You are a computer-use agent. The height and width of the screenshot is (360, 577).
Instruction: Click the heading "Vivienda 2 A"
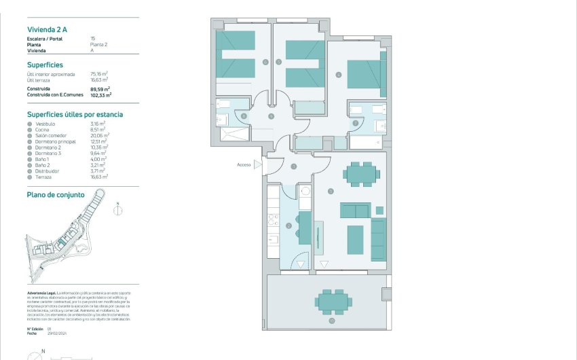click(47, 29)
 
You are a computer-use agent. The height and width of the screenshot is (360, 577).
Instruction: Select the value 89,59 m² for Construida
click(100, 89)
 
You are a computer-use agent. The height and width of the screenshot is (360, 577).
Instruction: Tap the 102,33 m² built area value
click(101, 96)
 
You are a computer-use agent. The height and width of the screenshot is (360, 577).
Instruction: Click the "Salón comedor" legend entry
click(52, 135)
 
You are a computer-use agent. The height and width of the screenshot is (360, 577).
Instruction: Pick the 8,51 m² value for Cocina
click(98, 129)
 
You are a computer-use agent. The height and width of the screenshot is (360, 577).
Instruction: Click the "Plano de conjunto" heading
click(56, 194)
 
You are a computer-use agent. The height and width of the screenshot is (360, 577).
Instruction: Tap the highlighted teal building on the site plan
click(62, 241)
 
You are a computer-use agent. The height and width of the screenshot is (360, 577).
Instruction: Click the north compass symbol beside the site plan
click(118, 210)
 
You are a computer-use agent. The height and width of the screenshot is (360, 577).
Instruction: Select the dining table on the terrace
click(333, 300)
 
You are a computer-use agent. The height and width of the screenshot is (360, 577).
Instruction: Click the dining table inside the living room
click(360, 174)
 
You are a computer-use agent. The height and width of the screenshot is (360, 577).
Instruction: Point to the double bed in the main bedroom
click(366, 75)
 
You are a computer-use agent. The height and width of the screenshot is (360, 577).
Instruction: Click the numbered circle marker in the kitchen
click(288, 226)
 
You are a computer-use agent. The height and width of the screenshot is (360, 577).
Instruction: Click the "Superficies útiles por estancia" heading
click(75, 115)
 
